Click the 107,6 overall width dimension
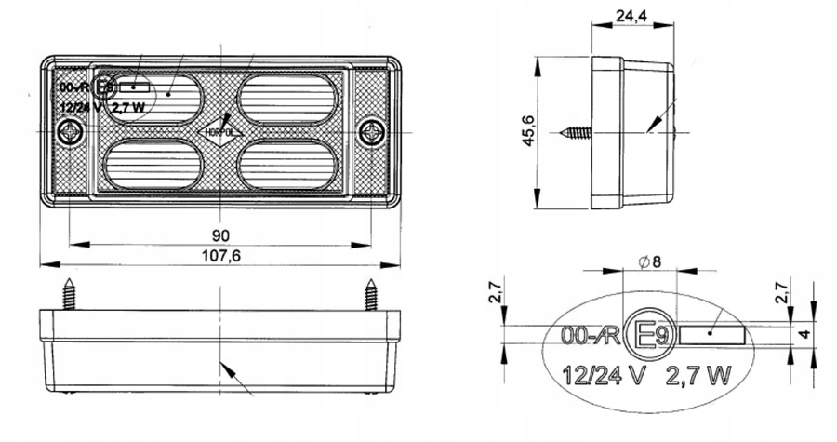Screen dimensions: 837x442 pos(221,256)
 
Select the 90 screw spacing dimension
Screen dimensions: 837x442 pos(220,235)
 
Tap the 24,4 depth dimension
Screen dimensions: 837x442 pos(631,16)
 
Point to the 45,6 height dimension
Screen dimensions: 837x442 pos(528,132)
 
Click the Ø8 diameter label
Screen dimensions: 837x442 pos(650,261)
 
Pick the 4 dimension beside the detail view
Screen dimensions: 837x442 pos(804,335)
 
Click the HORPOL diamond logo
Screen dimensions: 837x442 pos(220,132)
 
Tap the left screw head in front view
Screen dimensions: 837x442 pos(70,132)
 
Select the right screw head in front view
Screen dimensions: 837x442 pos(371,132)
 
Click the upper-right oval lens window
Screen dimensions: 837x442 pos(287,100)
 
